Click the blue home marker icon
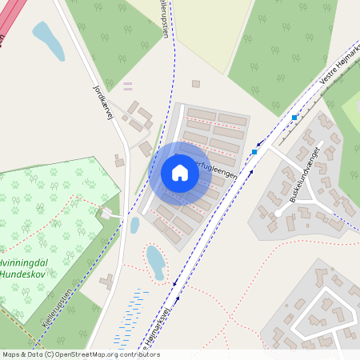(x=180, y=173)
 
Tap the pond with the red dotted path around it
(x=156, y=262)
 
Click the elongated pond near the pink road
(x=47, y=40)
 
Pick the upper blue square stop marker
(x=294, y=118)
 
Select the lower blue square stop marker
(x=254, y=151)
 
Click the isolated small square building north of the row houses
(x=195, y=83)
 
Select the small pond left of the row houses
(x=134, y=225)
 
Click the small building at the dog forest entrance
(x=106, y=214)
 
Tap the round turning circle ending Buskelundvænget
(x=278, y=214)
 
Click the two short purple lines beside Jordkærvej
(x=128, y=85)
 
